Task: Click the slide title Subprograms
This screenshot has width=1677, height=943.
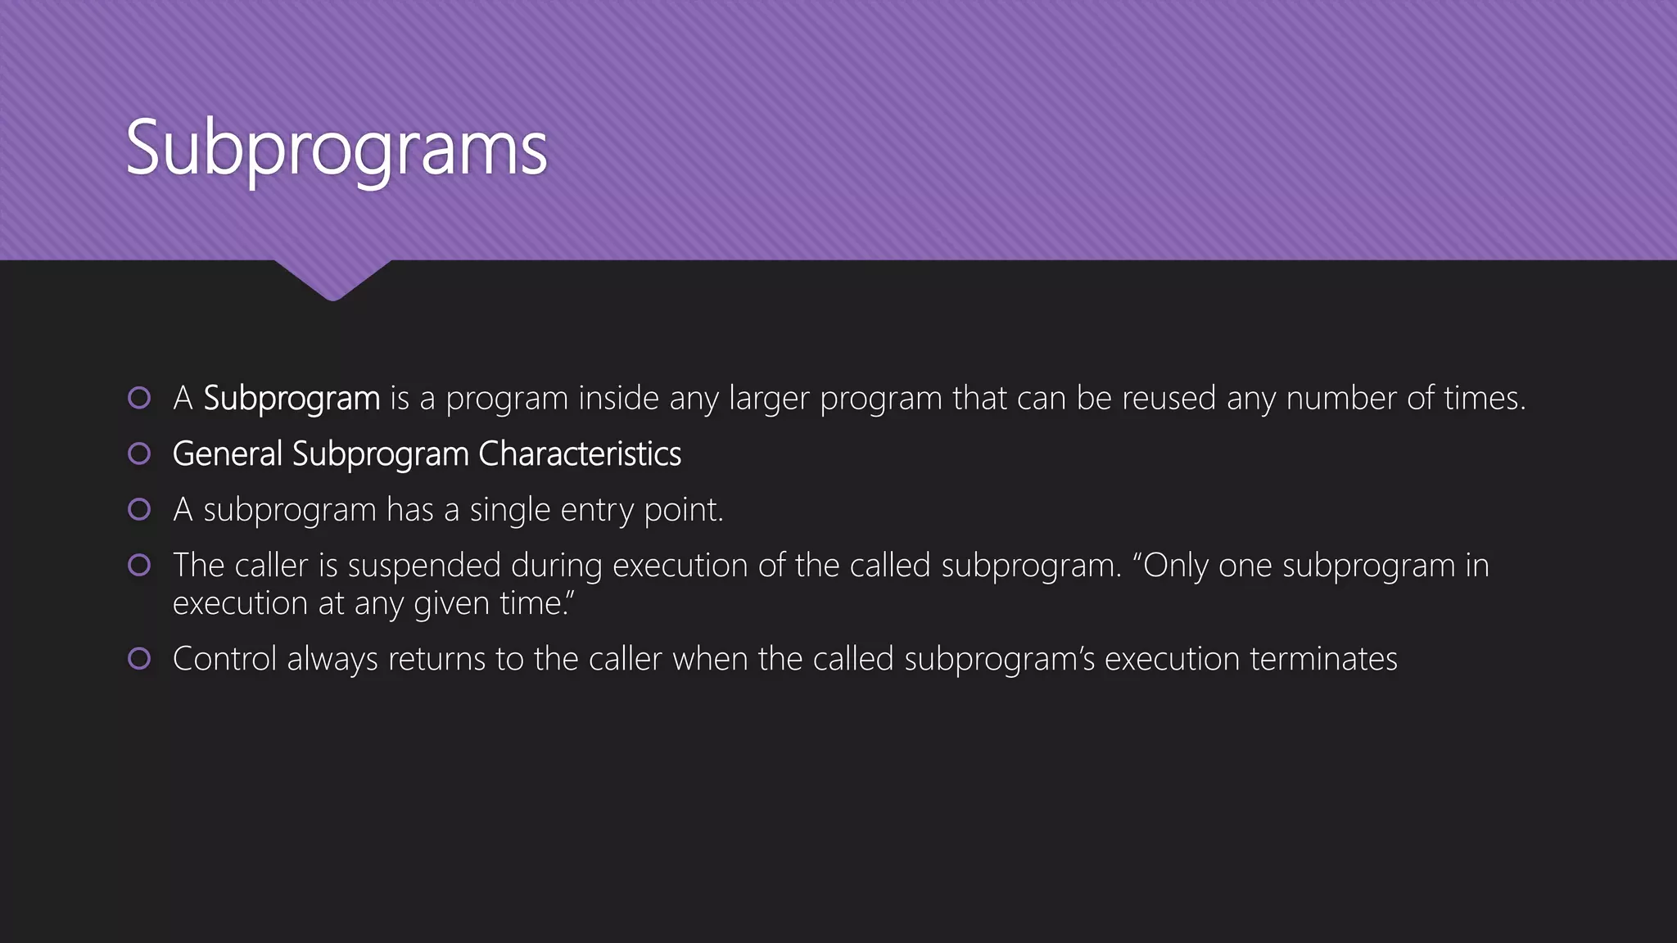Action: pos(336,149)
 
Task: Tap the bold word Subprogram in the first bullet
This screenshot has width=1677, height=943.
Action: pos(292,399)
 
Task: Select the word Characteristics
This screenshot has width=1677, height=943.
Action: pos(579,454)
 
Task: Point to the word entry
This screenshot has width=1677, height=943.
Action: pos(597,510)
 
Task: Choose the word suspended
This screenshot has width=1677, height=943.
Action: pos(424,566)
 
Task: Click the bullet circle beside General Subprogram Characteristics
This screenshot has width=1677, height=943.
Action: pos(139,453)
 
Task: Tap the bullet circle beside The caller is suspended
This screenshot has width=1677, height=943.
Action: pos(139,565)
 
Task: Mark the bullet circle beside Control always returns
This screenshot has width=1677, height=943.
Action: pos(139,658)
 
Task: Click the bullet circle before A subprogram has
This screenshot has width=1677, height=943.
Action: pos(139,509)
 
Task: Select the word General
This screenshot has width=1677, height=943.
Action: pos(227,454)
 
